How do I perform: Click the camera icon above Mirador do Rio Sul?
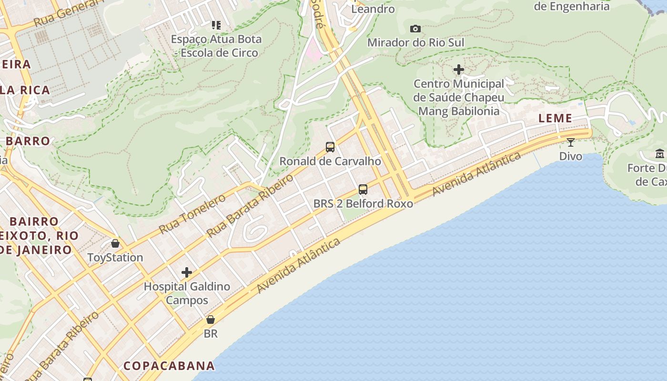pos(415,29)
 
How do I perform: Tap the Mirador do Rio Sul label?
pos(415,42)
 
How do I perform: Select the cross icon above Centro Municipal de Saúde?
pos(459,70)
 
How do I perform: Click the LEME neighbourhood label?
pos(555,119)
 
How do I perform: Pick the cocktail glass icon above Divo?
pos(570,142)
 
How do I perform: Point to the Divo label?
pos(570,156)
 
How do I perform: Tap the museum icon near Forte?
pos(660,154)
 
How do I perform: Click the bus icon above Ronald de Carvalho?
pos(330,147)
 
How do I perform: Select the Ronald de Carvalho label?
pos(330,161)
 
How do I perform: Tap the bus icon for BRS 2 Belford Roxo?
pos(363,190)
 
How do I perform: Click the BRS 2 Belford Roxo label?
pos(363,203)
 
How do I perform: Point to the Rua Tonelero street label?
pos(192,214)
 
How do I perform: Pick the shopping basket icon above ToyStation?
pos(115,243)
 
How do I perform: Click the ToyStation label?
pos(115,257)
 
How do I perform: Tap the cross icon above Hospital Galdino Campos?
pos(187,272)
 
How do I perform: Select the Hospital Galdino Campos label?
pos(187,293)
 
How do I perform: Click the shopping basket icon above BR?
pos(211,320)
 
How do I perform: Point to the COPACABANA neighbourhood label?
pos(169,366)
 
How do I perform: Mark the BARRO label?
pos(28,141)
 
